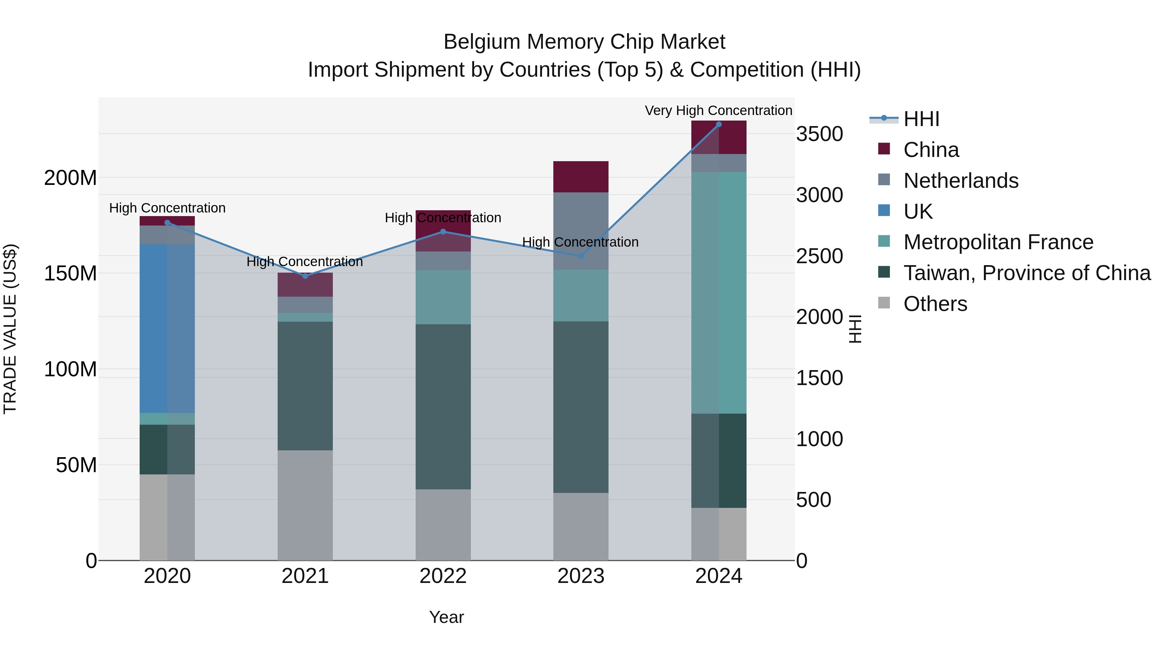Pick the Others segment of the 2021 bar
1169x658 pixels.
(305, 505)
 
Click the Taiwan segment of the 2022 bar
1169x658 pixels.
(443, 406)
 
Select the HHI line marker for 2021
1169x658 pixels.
(305, 276)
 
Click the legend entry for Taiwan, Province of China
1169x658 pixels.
(1026, 273)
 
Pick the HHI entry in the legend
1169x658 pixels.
(921, 119)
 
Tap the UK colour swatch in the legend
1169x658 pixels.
(884, 211)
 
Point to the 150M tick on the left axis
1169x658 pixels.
(70, 273)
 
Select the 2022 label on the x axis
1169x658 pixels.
(443, 576)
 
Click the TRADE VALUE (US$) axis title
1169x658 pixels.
(10, 329)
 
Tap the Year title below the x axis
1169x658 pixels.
(446, 617)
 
